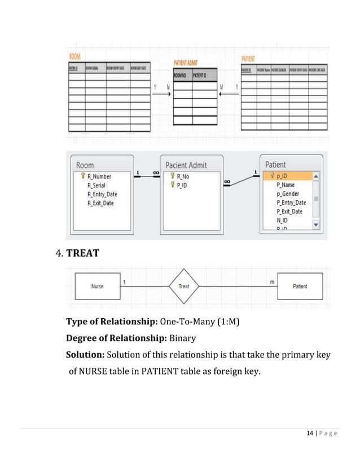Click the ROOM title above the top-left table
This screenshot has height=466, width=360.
[x=74, y=56]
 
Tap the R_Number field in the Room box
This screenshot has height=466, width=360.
[x=99, y=177]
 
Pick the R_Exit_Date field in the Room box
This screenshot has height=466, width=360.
[x=100, y=203]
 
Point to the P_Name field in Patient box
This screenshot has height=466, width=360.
[x=285, y=184]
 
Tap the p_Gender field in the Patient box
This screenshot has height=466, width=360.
[x=288, y=194]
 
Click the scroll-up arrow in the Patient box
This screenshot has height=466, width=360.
[x=315, y=176]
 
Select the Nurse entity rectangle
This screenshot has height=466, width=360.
[x=97, y=286]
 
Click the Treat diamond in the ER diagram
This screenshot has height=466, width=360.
[x=184, y=286]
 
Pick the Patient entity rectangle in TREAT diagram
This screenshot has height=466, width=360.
[x=300, y=286]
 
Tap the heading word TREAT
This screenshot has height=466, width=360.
[x=82, y=253]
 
